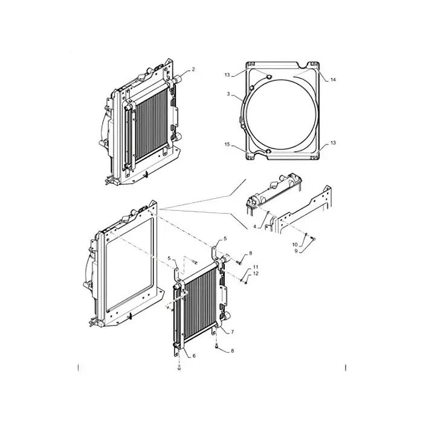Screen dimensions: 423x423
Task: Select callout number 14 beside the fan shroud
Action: coord(333,80)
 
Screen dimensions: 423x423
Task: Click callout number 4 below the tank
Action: coord(255,227)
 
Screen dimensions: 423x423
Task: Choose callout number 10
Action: coord(294,244)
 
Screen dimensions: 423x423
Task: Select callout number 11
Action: coord(256,267)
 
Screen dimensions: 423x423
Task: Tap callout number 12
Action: coord(256,274)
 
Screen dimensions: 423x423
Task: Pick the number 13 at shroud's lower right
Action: coord(332,143)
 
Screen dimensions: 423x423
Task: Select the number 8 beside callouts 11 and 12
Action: coord(251,253)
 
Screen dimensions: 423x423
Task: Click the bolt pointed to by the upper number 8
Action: coord(239,262)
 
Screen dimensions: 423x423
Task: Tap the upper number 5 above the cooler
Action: coord(225,239)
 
